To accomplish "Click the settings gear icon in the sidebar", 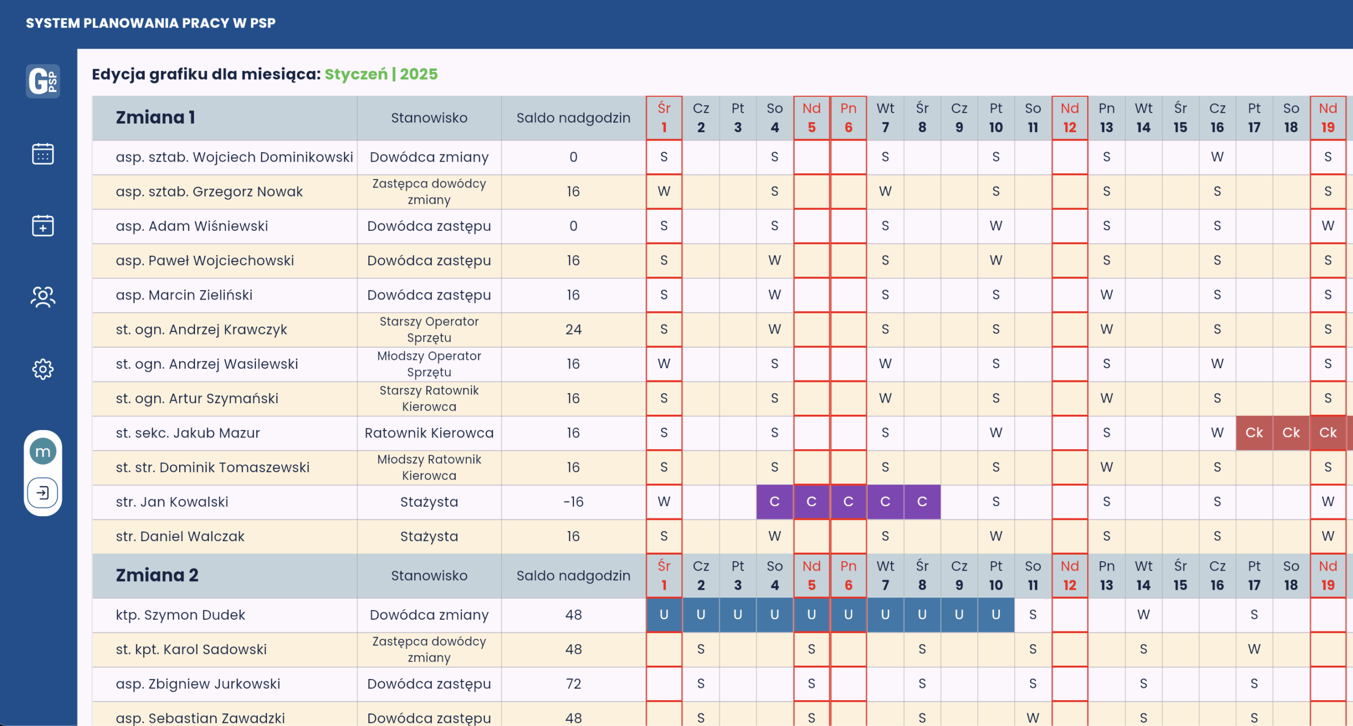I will click(x=43, y=369).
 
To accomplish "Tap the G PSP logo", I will click(x=43, y=81).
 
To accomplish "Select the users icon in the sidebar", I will click(x=43, y=297).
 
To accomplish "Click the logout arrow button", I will click(x=43, y=493).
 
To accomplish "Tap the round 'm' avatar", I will click(x=43, y=452).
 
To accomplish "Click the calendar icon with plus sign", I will click(x=43, y=226).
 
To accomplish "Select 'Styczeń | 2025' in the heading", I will click(x=381, y=74).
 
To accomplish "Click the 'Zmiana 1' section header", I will click(x=155, y=117).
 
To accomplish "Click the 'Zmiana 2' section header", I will click(x=157, y=575).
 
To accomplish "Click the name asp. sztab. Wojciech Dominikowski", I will click(x=234, y=157).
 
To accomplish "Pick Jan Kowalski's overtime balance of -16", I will click(x=573, y=501).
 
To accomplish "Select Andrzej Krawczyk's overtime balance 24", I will click(x=573, y=329).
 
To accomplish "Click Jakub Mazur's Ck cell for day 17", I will click(x=1254, y=433).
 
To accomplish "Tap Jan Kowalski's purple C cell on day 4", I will click(x=774, y=501).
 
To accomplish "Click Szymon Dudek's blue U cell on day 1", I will click(x=664, y=615).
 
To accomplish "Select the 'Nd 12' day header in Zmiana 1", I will click(x=1069, y=117).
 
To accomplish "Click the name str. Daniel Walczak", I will click(x=180, y=536).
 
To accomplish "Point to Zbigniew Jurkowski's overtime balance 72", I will click(x=573, y=684).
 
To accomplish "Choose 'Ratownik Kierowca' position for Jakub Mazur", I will click(x=429, y=433).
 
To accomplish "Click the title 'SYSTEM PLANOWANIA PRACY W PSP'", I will click(x=151, y=23).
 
